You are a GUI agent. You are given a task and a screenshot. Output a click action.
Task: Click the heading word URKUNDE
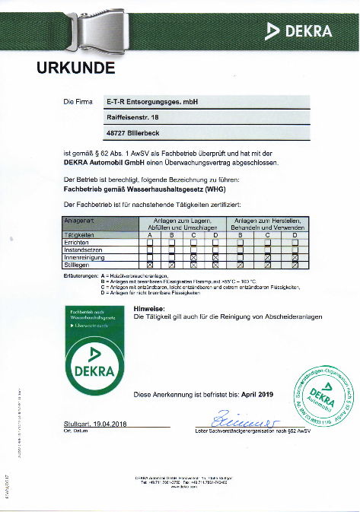click(x=76, y=69)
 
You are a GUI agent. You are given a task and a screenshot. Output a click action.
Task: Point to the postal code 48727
click(x=117, y=133)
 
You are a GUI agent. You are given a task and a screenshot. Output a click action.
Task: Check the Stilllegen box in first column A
click(x=150, y=263)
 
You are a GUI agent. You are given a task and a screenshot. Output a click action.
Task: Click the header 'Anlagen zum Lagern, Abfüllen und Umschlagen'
click(x=183, y=224)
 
